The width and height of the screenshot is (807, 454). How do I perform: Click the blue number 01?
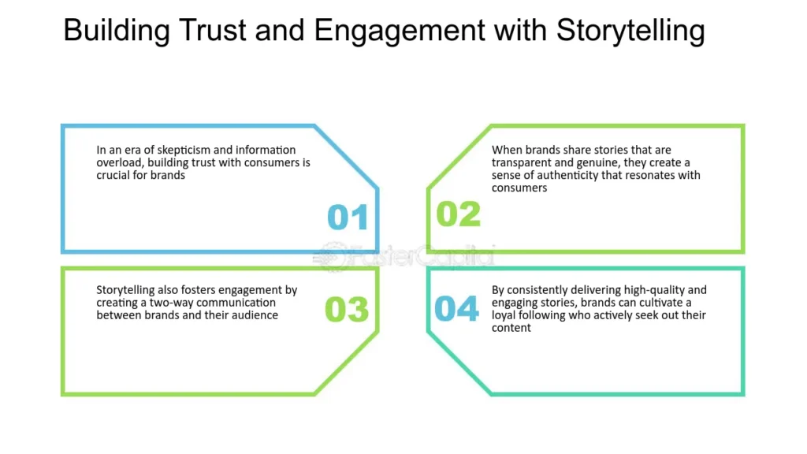click(348, 217)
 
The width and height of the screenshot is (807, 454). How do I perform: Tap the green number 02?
click(458, 214)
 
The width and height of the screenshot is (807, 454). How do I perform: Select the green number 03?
click(347, 310)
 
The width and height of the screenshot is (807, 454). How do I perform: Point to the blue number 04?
click(457, 309)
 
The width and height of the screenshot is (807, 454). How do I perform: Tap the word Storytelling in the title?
click(630, 31)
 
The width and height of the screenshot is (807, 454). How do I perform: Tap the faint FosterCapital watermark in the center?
click(403, 256)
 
